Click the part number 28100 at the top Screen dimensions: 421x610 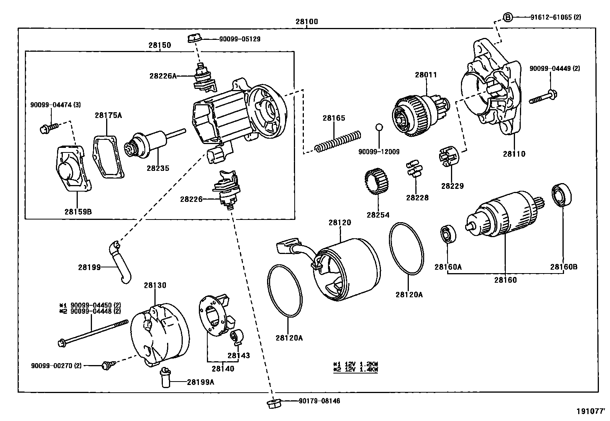(x=307, y=22)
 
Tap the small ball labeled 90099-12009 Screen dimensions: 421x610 (x=379, y=127)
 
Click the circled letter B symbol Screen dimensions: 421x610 (x=507, y=17)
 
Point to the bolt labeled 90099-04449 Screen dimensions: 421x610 (x=543, y=97)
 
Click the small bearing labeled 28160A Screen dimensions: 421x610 (x=448, y=235)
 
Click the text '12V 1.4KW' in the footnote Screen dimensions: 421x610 (x=360, y=369)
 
